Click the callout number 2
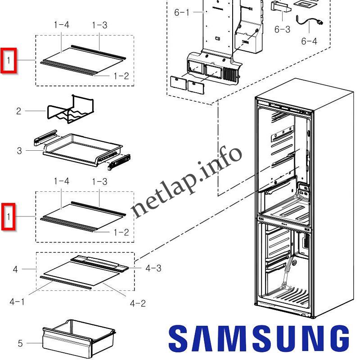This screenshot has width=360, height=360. tap(18, 111)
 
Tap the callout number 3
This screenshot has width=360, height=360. tap(19, 151)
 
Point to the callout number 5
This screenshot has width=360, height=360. tap(20, 344)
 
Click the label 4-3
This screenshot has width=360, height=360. tap(153, 268)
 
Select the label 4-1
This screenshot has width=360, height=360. tap(17, 301)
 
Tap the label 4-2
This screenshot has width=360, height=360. tap(138, 303)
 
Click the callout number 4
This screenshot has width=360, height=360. tap(15, 270)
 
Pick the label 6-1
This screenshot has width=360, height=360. tap(182, 13)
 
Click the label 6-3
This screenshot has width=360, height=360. tap(282, 30)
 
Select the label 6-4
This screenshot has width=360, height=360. tap(309, 41)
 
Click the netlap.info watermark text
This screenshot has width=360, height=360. tap(187, 182)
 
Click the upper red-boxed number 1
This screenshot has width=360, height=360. tap(9, 60)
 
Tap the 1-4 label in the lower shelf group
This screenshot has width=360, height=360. tap(61, 181)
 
